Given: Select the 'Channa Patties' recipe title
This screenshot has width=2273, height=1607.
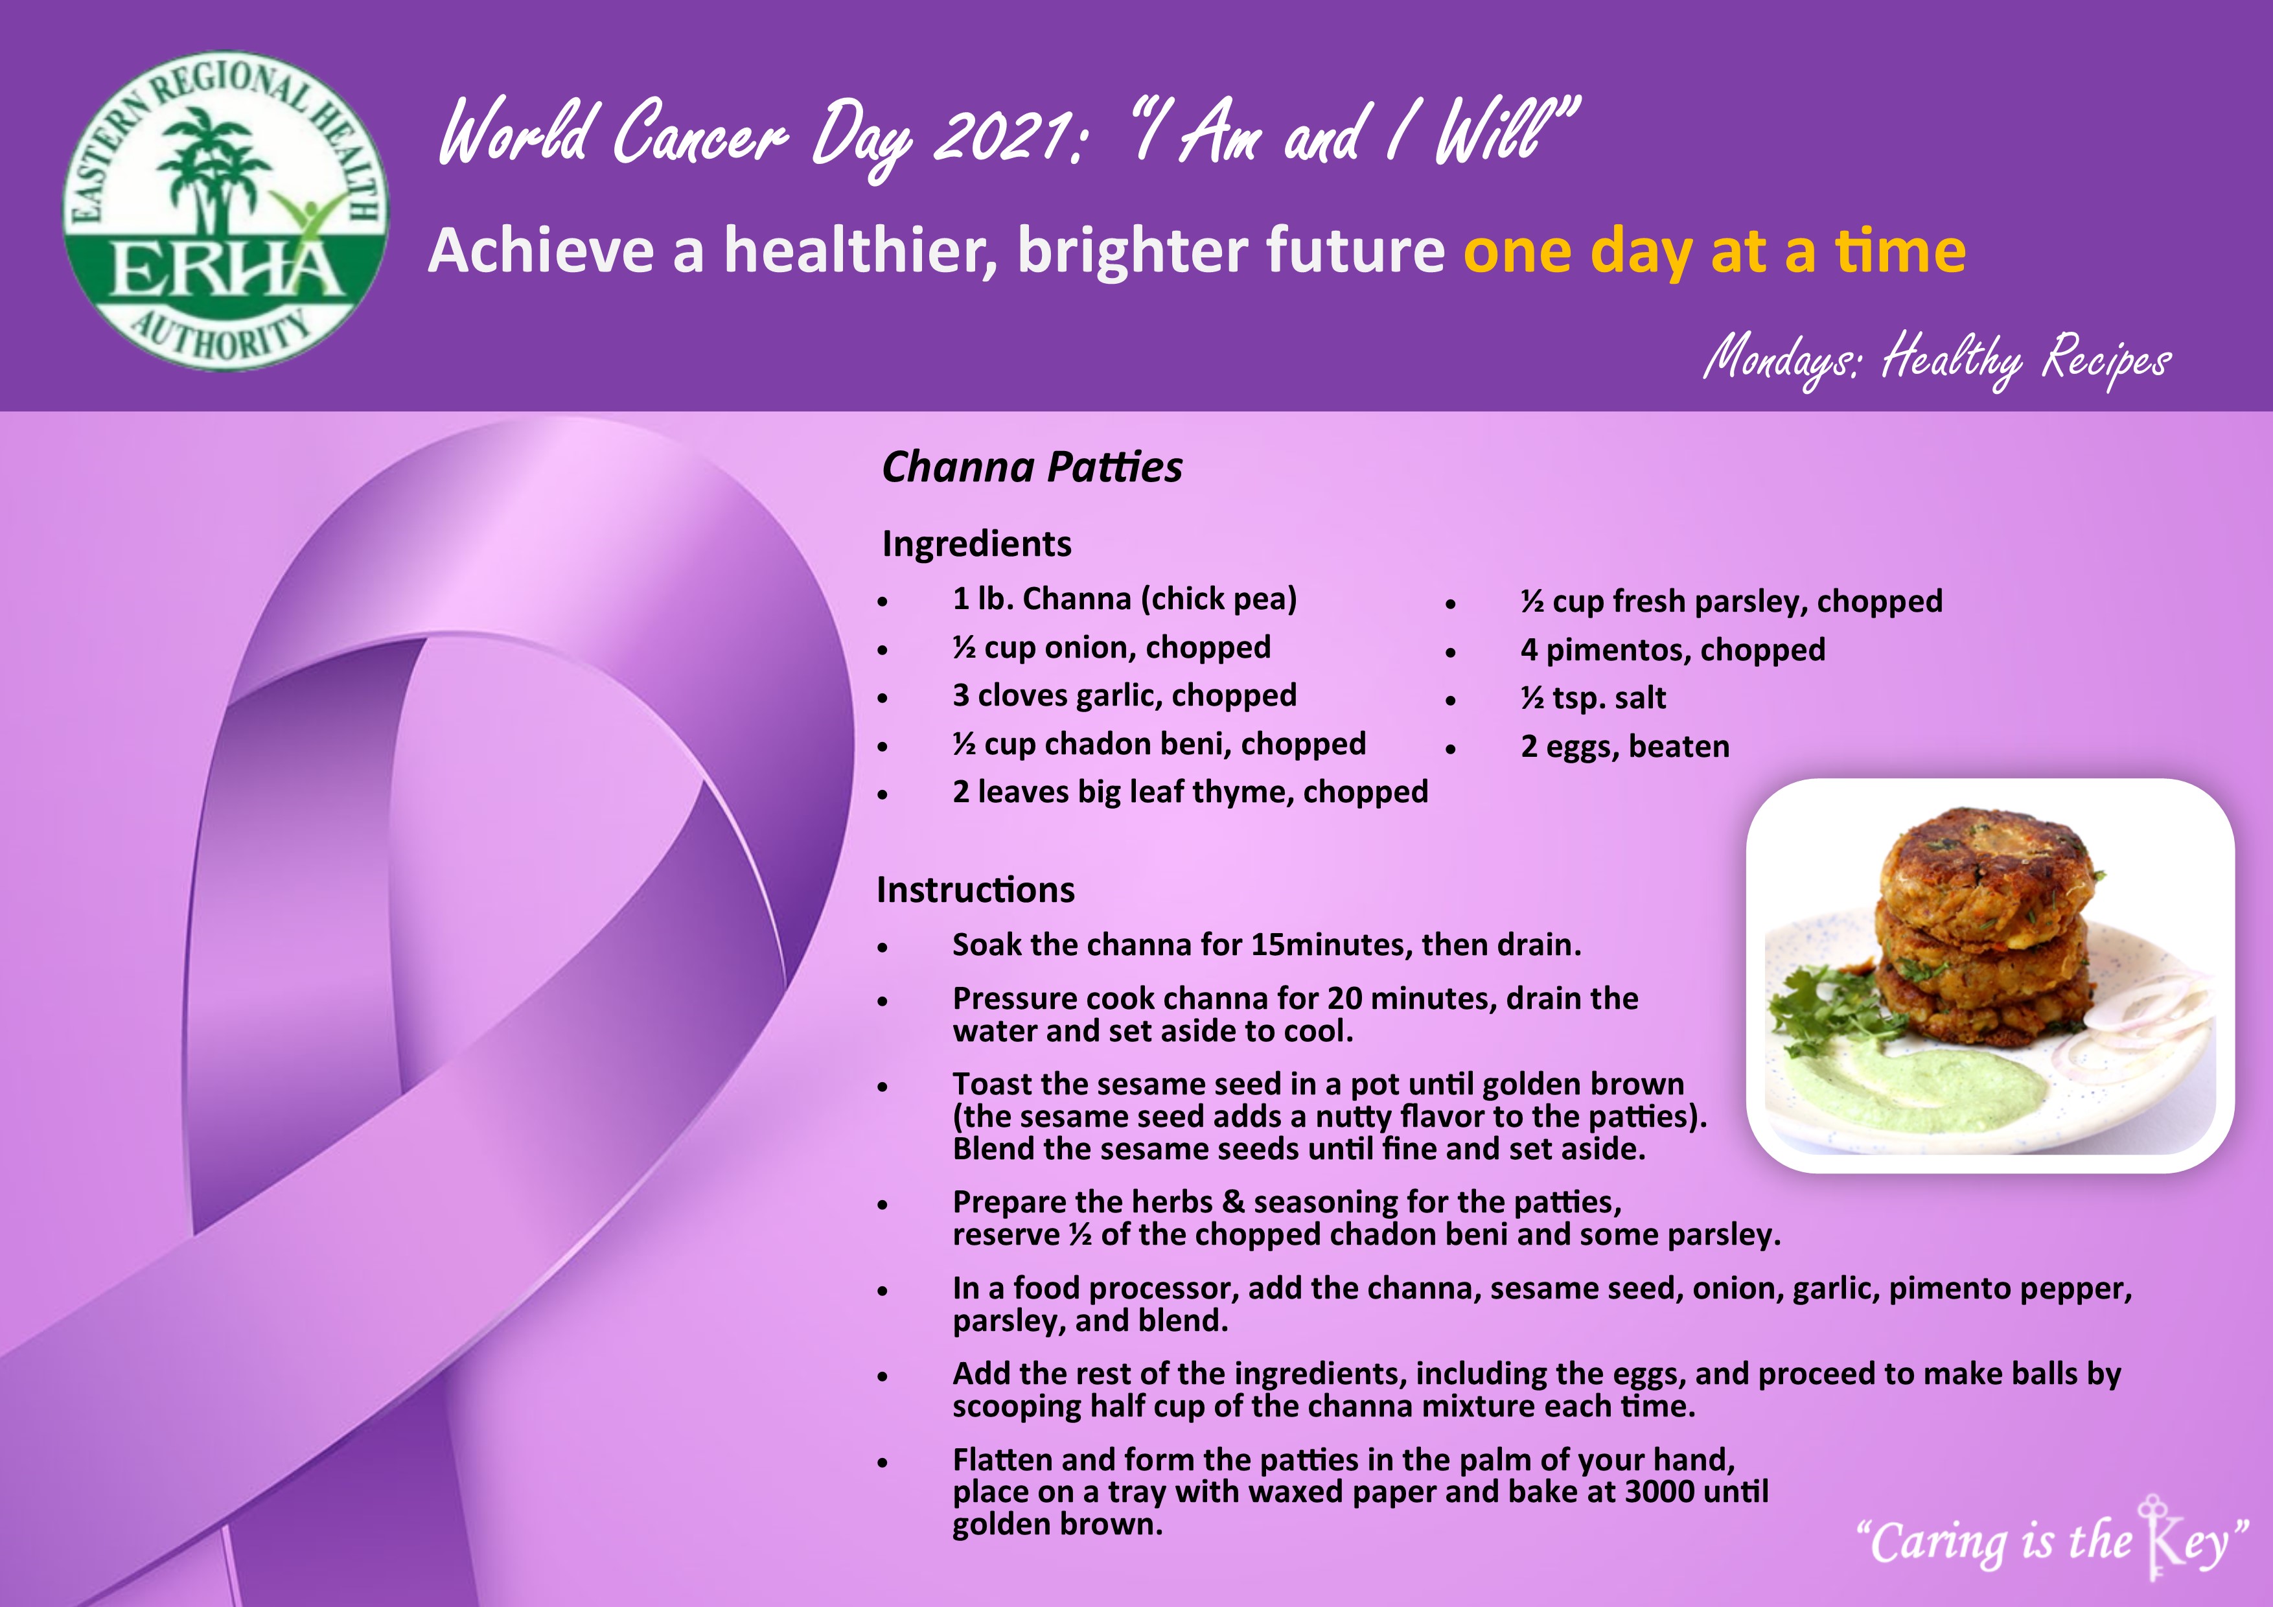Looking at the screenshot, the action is click(1032, 467).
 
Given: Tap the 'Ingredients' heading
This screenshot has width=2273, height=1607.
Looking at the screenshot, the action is click(976, 544).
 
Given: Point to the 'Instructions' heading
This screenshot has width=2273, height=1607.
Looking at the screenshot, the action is click(975, 889).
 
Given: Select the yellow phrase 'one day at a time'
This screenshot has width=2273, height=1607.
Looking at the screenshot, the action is click(1714, 251).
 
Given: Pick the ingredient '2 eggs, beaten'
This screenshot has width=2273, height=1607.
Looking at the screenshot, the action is click(1624, 746).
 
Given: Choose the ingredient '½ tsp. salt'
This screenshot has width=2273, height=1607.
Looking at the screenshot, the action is click(1593, 698).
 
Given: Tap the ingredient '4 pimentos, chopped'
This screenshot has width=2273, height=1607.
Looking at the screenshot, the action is click(1673, 649).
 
